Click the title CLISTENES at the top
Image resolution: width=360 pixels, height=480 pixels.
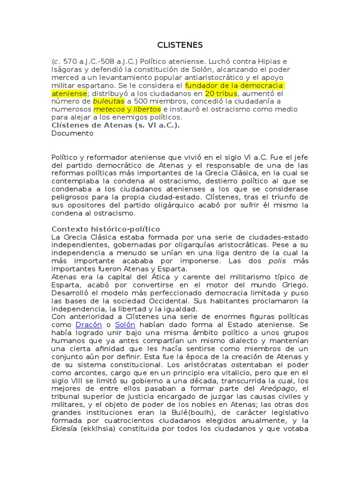[180, 45]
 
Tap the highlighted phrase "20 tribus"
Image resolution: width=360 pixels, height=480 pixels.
[221, 93]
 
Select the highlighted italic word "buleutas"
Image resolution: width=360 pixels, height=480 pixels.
[109, 101]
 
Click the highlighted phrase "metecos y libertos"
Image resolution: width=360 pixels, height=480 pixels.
[124, 109]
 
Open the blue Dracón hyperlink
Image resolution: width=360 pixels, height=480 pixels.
[88, 324]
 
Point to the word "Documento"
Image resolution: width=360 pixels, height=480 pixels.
[72, 133]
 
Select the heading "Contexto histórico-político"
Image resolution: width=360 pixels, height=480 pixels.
[105, 229]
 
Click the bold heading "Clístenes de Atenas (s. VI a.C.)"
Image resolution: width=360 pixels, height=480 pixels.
[115, 125]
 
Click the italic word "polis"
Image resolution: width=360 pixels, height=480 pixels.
[276, 261]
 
